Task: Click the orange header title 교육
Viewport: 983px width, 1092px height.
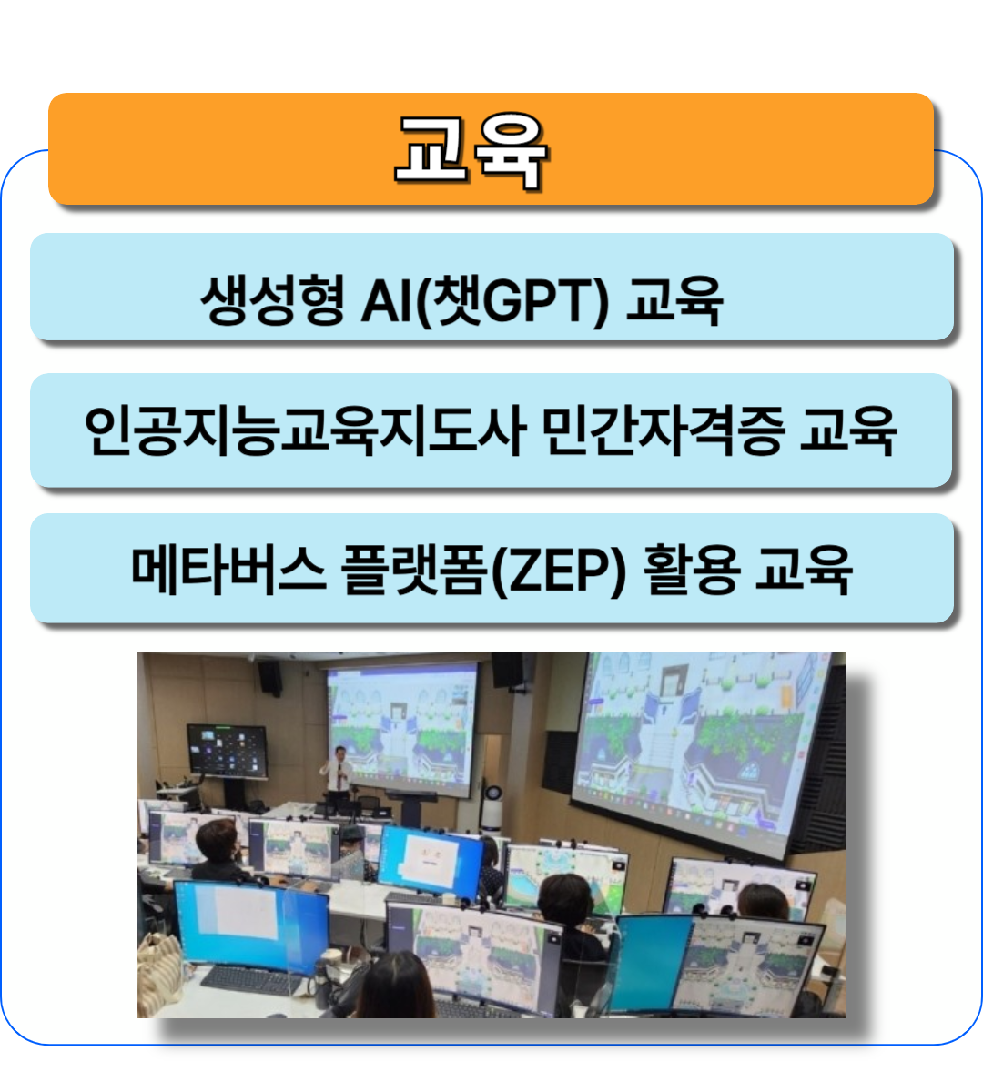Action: [471, 151]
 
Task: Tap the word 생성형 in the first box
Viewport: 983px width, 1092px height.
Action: [273, 300]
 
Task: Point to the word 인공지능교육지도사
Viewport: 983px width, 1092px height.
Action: [306, 430]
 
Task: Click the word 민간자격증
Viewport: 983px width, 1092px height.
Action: [664, 430]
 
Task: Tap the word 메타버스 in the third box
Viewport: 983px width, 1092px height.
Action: [228, 570]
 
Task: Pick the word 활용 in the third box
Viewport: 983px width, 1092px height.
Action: [691, 570]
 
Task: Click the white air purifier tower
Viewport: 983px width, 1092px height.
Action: [493, 805]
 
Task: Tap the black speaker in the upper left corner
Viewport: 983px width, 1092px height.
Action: [270, 678]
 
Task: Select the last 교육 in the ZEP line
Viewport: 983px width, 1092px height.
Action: [804, 570]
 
